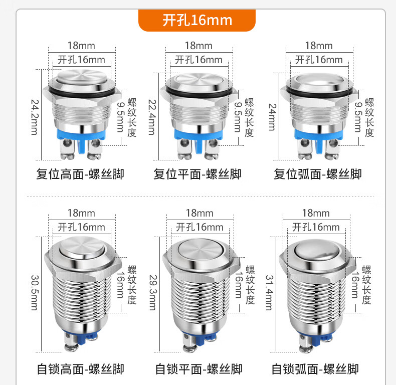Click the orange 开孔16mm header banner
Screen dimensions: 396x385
(x=197, y=20)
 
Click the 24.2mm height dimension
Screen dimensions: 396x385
(x=35, y=117)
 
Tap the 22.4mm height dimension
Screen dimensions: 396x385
(x=152, y=117)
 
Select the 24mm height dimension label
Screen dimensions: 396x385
(x=272, y=117)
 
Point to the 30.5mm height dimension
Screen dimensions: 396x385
(x=35, y=293)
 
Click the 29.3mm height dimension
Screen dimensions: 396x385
(x=153, y=293)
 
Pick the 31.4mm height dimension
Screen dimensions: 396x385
(x=269, y=293)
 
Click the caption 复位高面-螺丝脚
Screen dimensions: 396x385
(x=80, y=174)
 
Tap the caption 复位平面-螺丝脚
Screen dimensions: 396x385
(x=197, y=174)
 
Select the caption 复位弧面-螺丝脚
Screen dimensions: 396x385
(x=318, y=174)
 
